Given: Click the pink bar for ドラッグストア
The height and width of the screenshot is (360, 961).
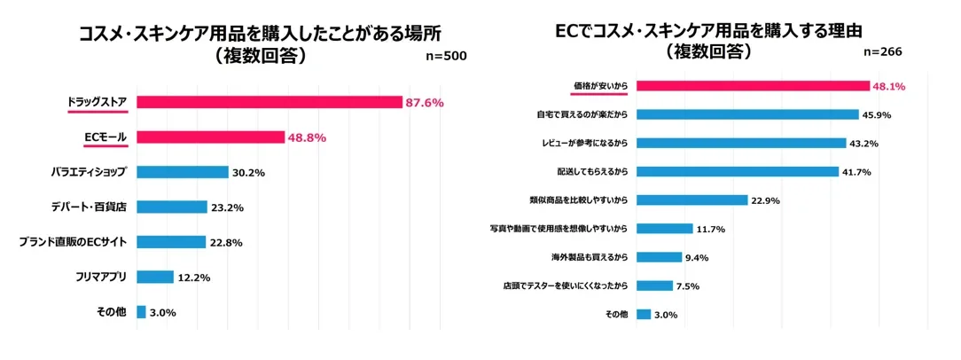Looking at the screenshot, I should (x=270, y=103).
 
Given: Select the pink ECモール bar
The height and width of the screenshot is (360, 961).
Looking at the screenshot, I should (x=210, y=137).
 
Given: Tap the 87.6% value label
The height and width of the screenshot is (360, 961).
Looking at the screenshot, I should (x=424, y=103).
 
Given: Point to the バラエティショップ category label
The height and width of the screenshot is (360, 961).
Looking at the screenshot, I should (x=89, y=172).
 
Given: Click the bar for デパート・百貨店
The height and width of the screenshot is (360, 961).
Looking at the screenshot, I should (x=171, y=207).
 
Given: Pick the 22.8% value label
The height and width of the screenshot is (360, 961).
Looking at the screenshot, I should (x=225, y=242).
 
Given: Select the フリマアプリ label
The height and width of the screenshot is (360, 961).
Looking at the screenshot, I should (x=100, y=277).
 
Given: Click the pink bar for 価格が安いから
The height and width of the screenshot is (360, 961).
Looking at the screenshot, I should (x=753, y=86).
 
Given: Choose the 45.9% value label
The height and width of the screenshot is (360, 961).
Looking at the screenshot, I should (x=879, y=114).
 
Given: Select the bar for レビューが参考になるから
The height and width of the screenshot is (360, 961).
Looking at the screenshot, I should (x=741, y=143).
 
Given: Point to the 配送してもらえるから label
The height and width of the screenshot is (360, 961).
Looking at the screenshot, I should (x=591, y=171).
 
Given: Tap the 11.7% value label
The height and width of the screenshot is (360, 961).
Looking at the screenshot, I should (x=711, y=229).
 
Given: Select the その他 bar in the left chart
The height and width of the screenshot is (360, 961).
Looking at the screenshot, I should (x=141, y=312).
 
